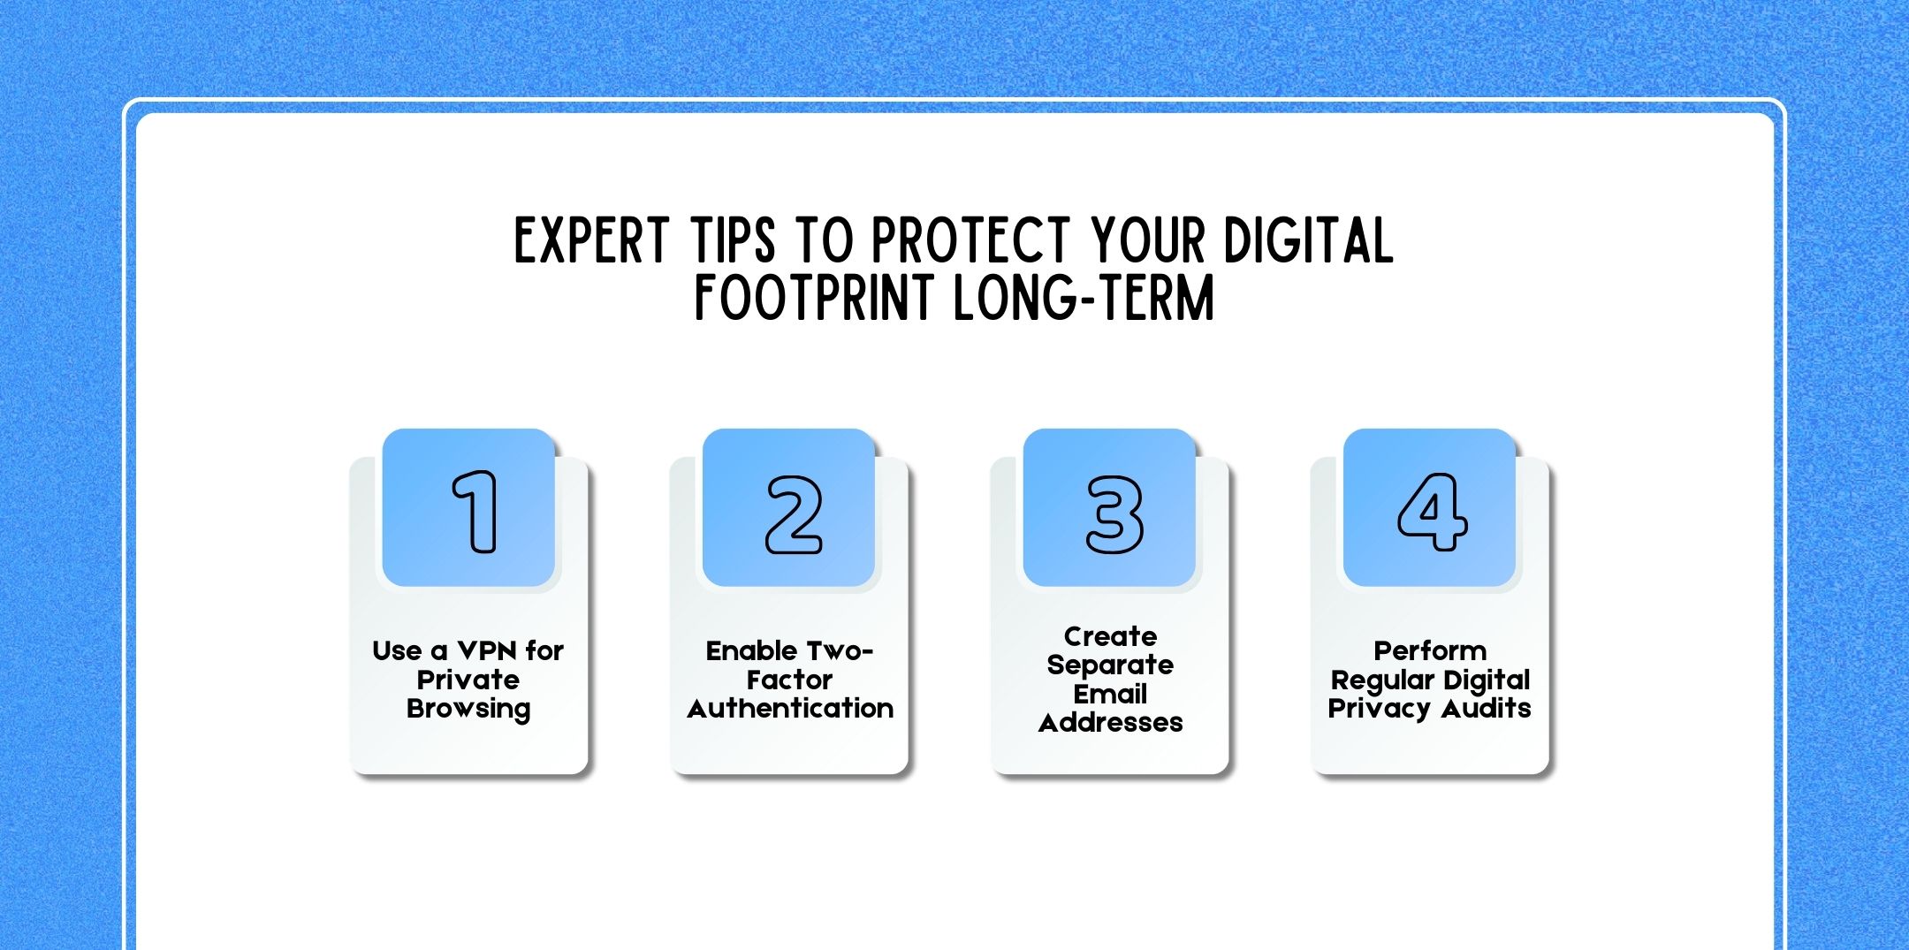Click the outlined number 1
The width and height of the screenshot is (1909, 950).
click(475, 512)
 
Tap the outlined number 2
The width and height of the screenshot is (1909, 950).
click(794, 514)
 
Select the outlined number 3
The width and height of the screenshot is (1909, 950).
click(1114, 514)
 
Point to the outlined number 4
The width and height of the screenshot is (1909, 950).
click(1432, 512)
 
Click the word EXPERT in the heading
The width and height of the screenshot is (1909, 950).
click(591, 240)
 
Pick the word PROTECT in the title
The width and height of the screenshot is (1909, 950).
click(970, 240)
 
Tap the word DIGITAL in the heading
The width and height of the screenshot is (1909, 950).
click(1308, 240)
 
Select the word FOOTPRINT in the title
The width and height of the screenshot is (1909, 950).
click(814, 298)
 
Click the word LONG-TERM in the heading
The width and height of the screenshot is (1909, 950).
click(1084, 298)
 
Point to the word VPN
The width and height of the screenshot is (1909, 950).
click(487, 651)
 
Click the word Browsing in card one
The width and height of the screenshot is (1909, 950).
click(468, 710)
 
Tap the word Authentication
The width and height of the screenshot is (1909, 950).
click(790, 709)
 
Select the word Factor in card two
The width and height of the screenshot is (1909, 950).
click(789, 680)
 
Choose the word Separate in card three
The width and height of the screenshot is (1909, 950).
click(1110, 665)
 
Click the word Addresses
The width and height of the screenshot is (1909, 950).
click(1110, 723)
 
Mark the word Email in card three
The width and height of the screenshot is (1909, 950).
click(1110, 694)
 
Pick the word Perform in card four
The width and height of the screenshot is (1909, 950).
click(1430, 651)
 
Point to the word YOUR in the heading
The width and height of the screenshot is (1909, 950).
click(1148, 240)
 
